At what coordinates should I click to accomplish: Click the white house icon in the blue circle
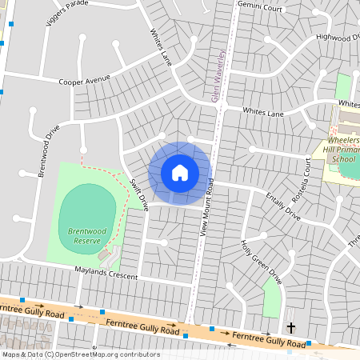[x=180, y=172]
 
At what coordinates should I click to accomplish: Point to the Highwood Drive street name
[x=337, y=37]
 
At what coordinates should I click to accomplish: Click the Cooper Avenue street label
[x=84, y=80]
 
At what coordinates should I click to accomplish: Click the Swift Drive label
[x=139, y=194]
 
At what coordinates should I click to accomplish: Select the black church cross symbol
[x=291, y=327]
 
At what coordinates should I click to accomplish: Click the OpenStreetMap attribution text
[x=80, y=354]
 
